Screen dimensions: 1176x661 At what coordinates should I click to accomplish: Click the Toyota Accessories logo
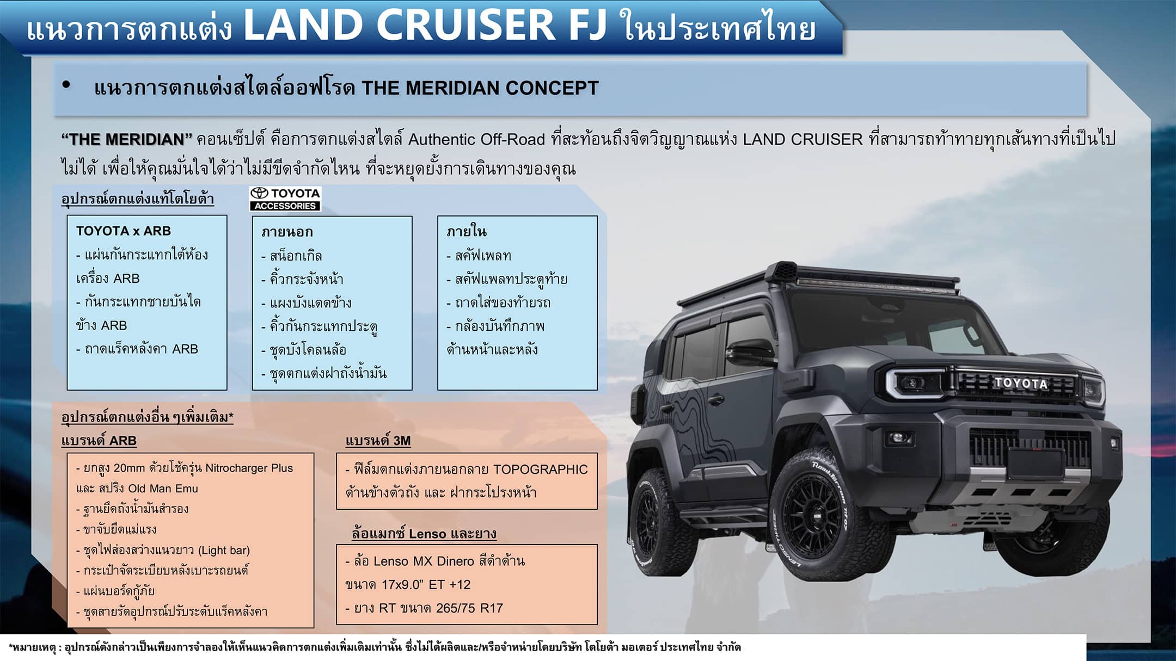(x=285, y=199)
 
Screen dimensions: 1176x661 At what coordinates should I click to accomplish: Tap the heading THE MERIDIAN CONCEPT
(x=480, y=88)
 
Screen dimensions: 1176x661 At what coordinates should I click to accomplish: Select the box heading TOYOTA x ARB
(x=124, y=231)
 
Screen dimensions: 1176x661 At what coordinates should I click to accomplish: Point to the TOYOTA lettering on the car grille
(x=1020, y=383)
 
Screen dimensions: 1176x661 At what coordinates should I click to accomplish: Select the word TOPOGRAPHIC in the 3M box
(x=541, y=470)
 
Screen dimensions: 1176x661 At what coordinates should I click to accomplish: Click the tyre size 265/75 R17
(x=469, y=608)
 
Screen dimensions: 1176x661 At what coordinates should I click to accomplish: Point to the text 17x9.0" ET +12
(x=426, y=584)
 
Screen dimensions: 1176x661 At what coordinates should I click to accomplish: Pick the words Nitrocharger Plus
(x=249, y=468)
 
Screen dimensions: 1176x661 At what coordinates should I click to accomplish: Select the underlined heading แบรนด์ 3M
(x=378, y=441)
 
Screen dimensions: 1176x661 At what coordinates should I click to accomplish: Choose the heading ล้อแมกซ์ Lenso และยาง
(x=424, y=534)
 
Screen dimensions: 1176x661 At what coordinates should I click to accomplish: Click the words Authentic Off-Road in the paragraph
(x=476, y=139)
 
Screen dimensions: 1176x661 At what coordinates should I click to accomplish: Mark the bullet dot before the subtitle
(x=66, y=85)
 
